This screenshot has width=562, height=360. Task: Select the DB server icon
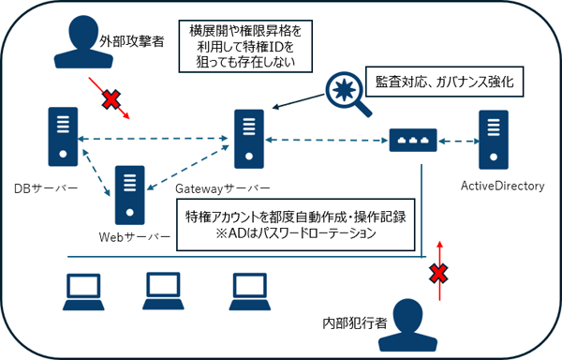61,134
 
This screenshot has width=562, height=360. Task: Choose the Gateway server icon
249,136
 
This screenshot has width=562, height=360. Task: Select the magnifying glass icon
347,94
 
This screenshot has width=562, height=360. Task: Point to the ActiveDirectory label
502,187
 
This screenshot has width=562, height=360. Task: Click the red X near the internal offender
436,275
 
